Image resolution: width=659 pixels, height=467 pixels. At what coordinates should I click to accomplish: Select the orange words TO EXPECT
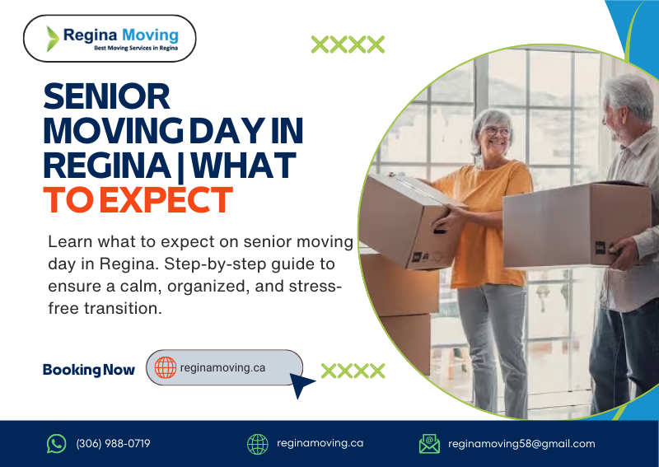[138, 200]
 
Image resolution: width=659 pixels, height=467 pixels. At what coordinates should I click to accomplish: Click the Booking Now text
[88, 370]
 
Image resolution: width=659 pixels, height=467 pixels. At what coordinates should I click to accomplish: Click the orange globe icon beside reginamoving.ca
[165, 368]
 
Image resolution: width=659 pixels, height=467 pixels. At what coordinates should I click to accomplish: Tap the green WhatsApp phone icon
[56, 444]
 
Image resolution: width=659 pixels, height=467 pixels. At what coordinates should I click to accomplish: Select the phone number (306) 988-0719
[113, 444]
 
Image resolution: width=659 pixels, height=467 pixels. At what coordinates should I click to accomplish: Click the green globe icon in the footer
[258, 444]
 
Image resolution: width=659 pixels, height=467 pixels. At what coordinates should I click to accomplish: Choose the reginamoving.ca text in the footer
[320, 443]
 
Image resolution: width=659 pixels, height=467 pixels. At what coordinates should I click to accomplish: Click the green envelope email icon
[429, 444]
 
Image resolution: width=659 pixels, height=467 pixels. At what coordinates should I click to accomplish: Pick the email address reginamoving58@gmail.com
[521, 444]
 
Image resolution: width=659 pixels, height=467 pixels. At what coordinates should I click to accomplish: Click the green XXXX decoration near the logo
[348, 44]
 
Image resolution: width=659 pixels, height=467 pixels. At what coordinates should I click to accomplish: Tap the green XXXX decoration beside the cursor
[353, 371]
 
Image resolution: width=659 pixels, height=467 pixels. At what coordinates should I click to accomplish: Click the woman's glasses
[496, 131]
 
